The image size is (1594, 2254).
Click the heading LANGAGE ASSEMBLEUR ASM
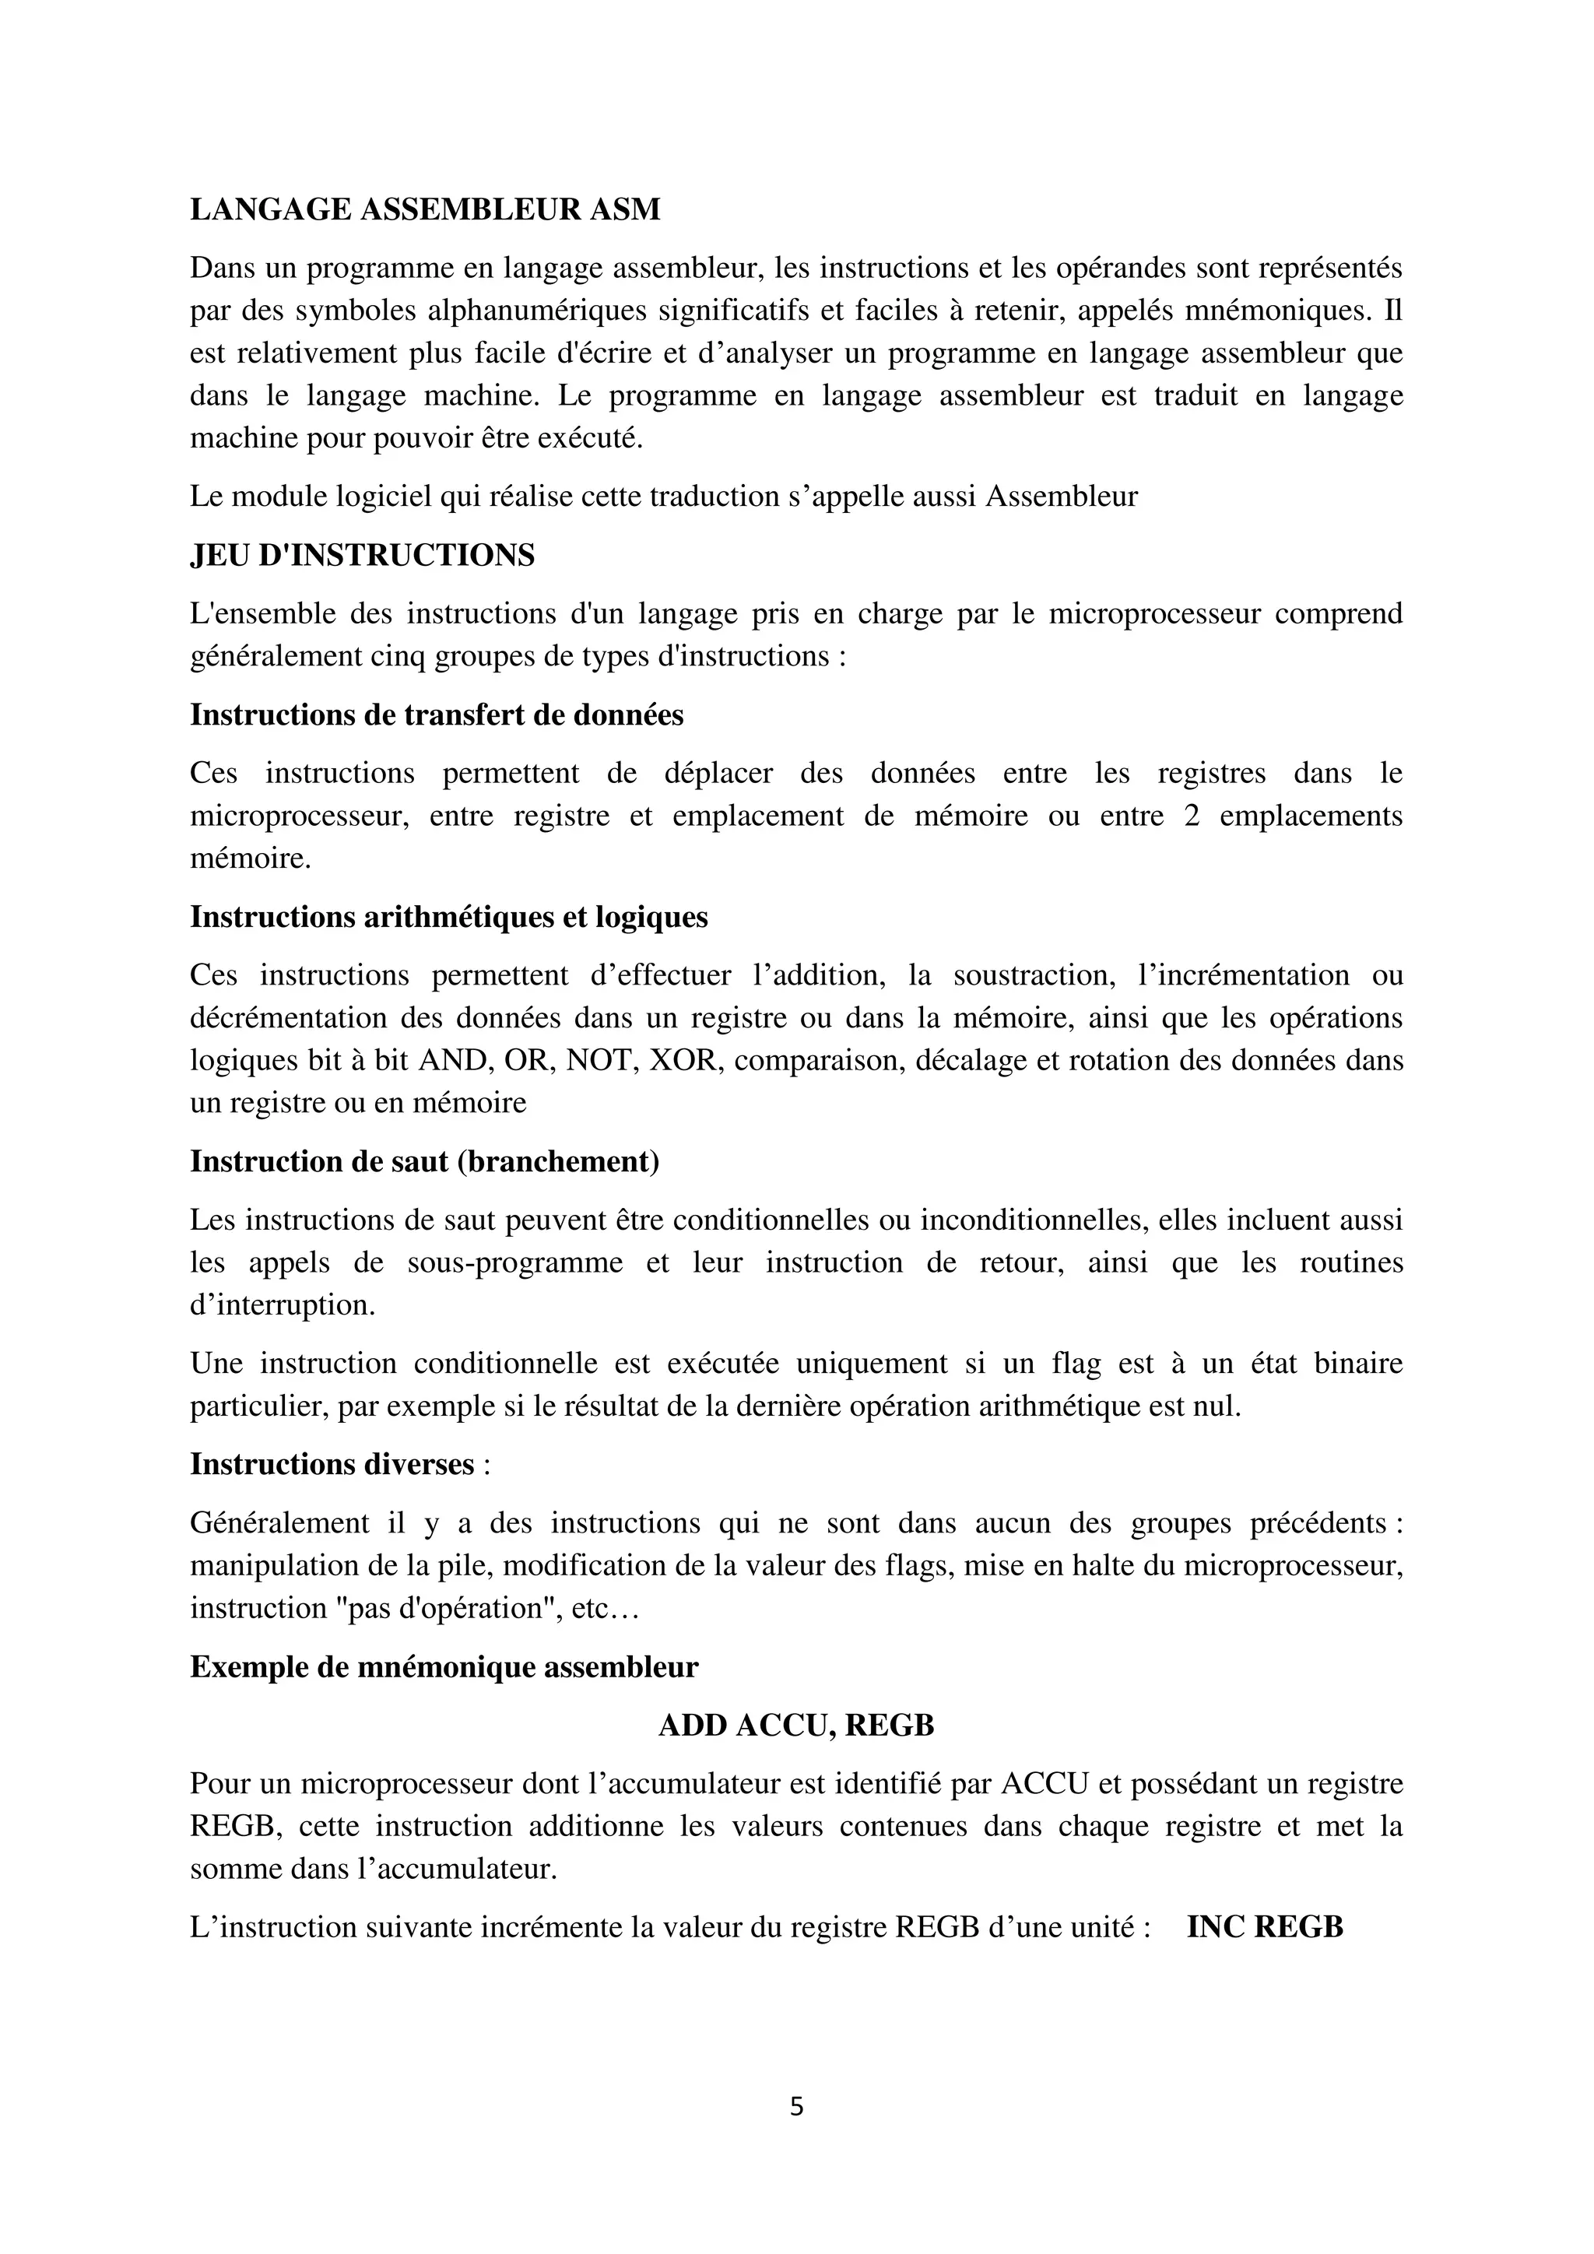pos(425,209)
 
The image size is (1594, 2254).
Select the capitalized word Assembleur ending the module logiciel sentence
pos(1061,497)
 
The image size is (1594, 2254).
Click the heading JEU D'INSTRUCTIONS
pos(362,556)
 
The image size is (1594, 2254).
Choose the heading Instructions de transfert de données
pos(437,714)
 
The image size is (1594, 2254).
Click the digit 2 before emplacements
pos(1192,816)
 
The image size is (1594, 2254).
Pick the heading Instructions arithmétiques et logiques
pos(448,917)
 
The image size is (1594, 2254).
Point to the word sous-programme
pos(515,1262)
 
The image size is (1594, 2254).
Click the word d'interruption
pos(282,1304)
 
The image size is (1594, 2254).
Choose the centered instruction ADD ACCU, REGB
pos(796,1725)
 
